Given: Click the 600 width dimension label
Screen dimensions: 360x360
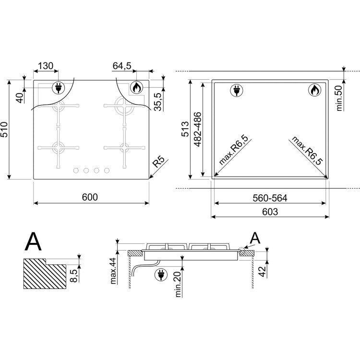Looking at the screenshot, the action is (x=90, y=197).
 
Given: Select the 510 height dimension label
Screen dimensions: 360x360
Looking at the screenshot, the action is (x=4, y=130).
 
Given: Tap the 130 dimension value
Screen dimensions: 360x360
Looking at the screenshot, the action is (x=46, y=66).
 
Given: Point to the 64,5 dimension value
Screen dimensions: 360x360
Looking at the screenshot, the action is (x=122, y=66).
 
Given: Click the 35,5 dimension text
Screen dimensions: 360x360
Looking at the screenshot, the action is (x=158, y=102).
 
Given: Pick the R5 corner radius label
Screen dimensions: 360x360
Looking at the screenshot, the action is (x=159, y=162).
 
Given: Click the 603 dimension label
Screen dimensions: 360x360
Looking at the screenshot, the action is (x=270, y=212).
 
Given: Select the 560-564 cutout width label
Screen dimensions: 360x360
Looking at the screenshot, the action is (x=270, y=198).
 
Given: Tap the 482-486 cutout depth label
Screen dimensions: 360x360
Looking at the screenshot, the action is (x=197, y=129).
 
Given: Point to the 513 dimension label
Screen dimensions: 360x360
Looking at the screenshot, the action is (x=185, y=129).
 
